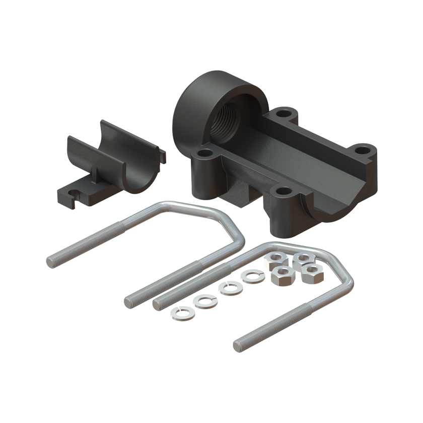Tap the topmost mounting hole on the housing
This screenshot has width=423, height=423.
(x=286, y=113)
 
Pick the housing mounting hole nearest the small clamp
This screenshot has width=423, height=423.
(x=205, y=153)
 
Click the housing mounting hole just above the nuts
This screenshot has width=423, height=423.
(x=284, y=192)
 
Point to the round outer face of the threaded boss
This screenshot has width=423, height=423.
(x=191, y=108)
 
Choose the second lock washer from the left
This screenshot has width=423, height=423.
(x=204, y=301)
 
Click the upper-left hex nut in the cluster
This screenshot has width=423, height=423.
(x=275, y=261)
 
